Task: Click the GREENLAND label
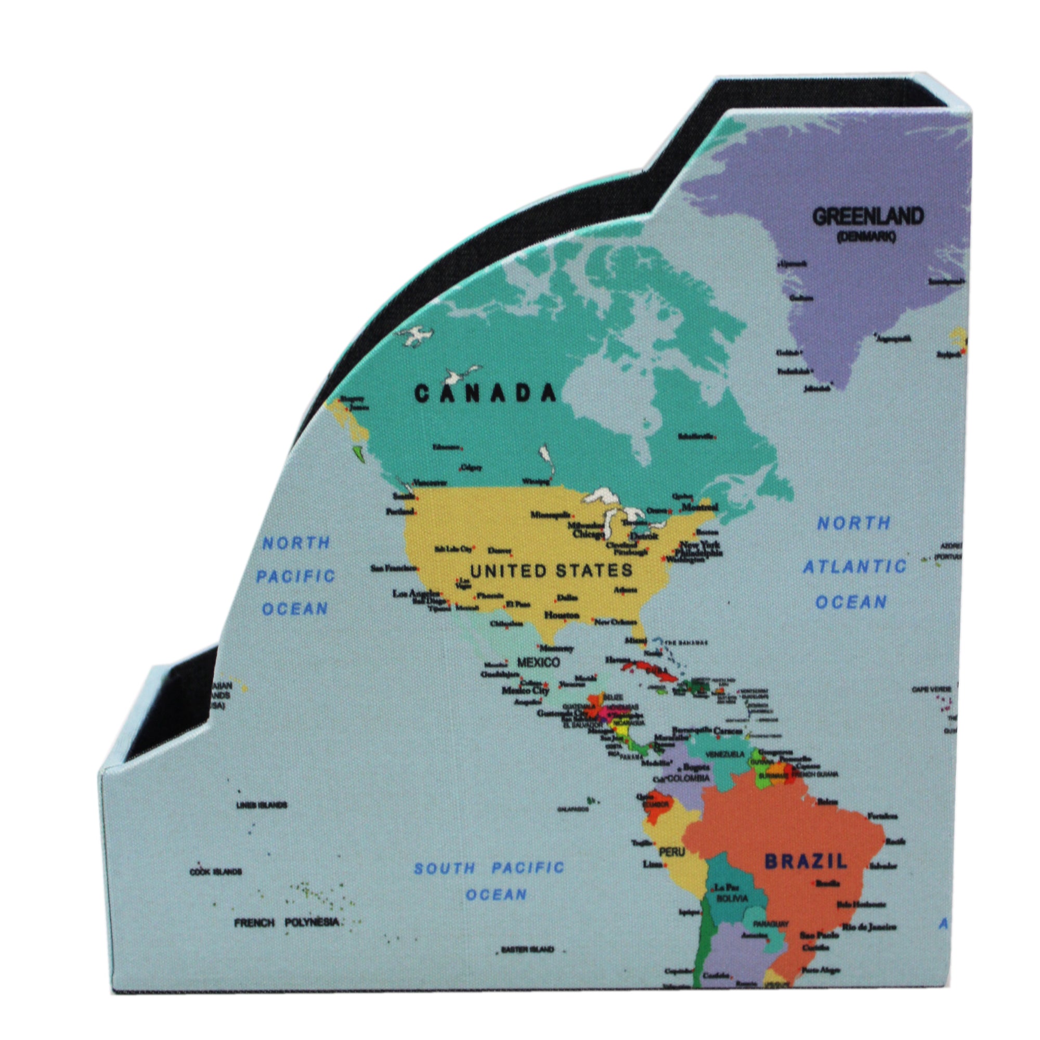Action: point(867,216)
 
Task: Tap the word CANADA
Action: point(485,394)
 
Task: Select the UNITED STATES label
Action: point(551,570)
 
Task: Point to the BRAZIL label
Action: point(806,861)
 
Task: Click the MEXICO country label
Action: point(538,662)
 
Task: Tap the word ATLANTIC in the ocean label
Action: point(854,567)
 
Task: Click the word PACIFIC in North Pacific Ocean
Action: point(295,577)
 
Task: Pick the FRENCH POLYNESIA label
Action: point(287,922)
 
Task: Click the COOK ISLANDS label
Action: point(215,872)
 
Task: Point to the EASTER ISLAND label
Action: point(527,950)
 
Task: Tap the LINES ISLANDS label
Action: point(262,805)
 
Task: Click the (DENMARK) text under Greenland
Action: point(866,236)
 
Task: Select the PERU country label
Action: point(672,852)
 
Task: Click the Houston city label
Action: point(562,615)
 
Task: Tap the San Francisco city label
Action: point(393,568)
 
